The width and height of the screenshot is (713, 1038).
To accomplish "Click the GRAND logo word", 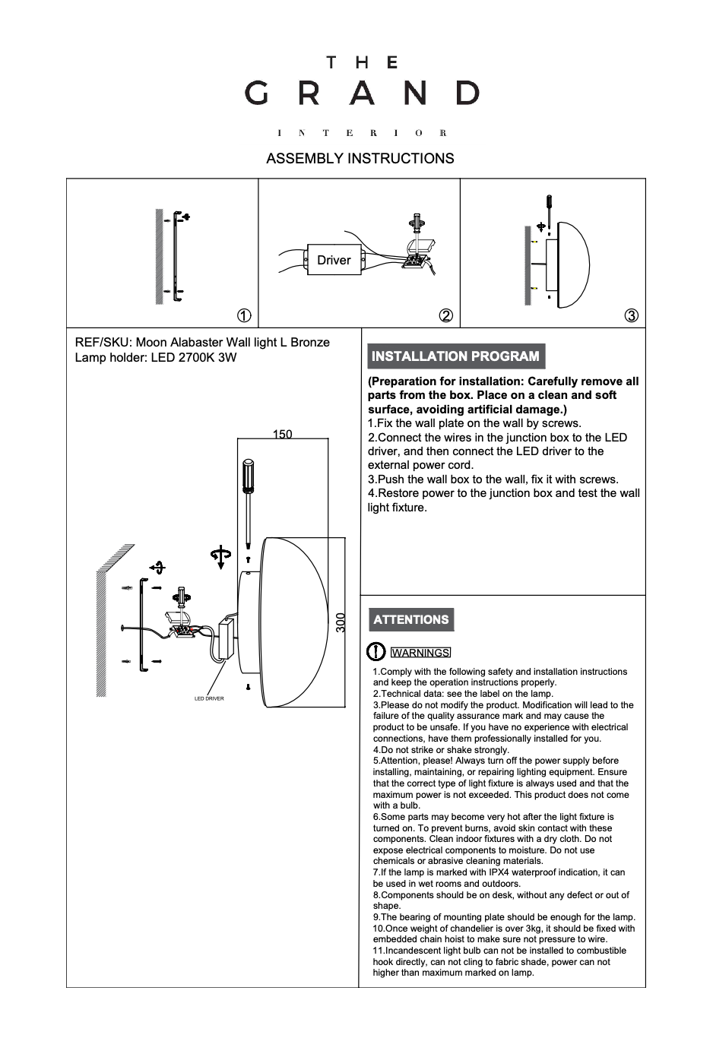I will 362,93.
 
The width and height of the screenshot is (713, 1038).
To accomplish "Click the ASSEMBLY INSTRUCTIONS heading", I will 360,158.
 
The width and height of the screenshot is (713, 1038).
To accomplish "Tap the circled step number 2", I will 446,315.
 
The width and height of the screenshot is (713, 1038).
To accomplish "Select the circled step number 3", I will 631,315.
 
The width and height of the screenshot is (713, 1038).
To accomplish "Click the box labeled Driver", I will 334,260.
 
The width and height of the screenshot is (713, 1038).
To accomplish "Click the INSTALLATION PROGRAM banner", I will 455,356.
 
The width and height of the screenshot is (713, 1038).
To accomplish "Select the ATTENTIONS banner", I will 411,619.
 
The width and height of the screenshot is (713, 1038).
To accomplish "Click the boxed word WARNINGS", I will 420,653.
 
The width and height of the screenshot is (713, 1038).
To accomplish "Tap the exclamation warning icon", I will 376,652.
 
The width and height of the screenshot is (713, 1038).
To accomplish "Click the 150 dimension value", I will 282,435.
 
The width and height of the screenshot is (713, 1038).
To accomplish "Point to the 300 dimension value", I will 341,623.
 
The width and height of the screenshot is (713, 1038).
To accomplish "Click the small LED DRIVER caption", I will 209,698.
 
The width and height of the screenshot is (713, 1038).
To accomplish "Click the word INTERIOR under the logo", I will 362,134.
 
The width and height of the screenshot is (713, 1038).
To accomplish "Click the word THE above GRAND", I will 362,62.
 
